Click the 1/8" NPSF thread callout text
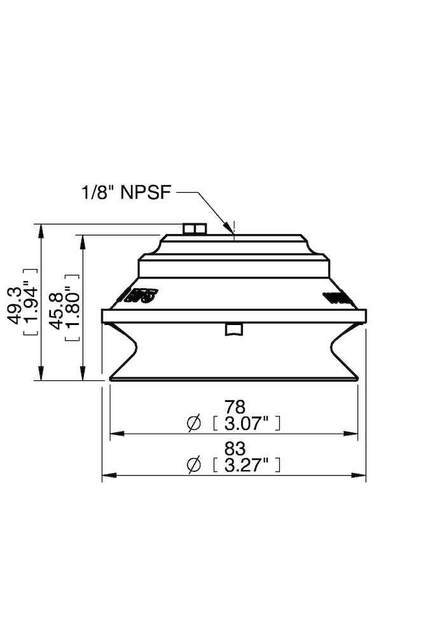point(125,191)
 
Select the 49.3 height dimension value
point(17,305)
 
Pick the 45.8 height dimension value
point(58,310)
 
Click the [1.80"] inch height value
point(72,308)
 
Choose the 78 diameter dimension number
point(235,407)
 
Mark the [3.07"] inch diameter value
point(246,422)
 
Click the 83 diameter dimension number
point(235,449)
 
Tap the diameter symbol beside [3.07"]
point(195,422)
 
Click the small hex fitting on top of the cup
point(193,228)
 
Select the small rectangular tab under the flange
point(234,329)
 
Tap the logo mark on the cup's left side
point(139,296)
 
